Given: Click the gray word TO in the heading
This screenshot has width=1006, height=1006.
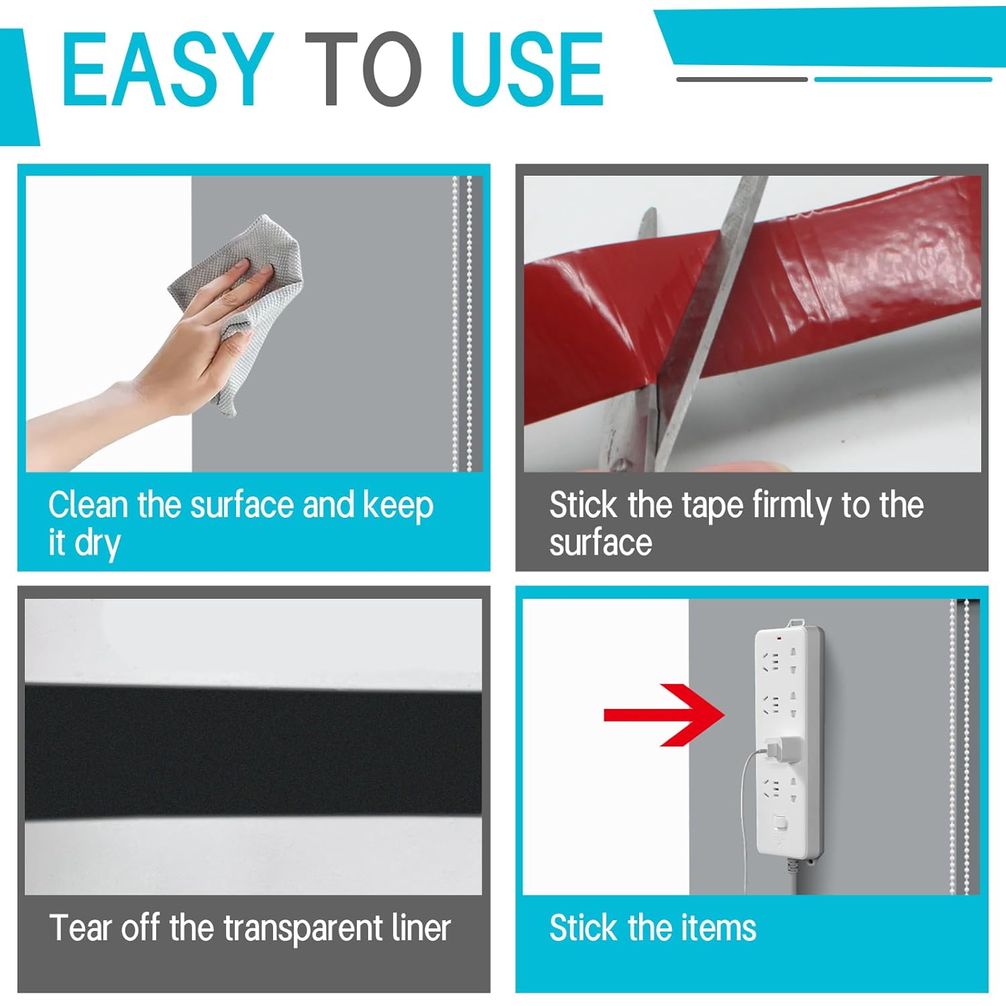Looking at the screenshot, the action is click(363, 69).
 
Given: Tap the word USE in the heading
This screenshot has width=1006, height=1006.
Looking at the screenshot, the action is click(528, 69).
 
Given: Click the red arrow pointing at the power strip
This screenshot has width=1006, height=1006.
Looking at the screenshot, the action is click(664, 715).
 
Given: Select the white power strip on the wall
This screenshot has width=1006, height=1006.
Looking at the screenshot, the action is click(789, 744).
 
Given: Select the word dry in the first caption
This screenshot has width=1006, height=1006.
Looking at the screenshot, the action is click(98, 544).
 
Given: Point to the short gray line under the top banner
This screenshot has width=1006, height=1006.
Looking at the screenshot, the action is click(742, 79).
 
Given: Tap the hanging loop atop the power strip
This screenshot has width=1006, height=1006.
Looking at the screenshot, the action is click(795, 623).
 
